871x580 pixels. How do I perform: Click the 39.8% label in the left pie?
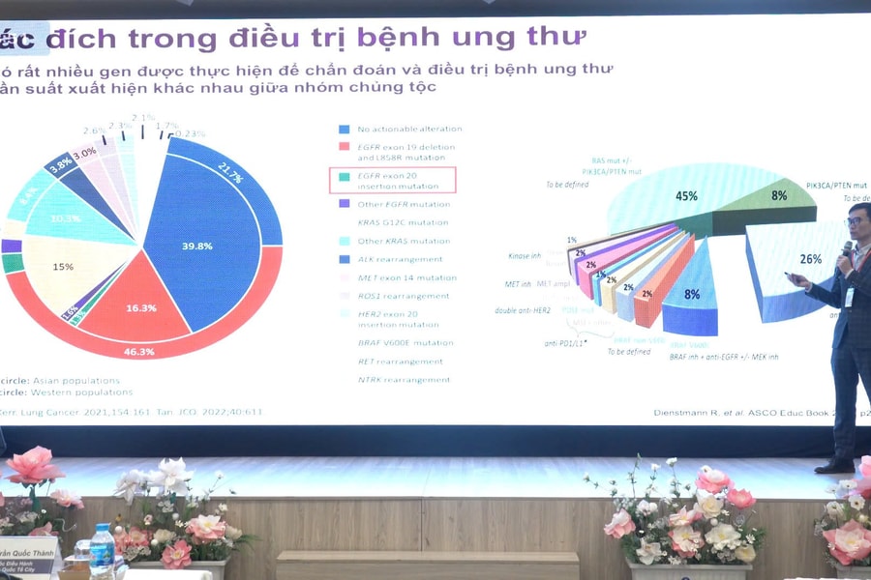click(196, 246)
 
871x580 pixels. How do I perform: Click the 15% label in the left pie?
click(63, 267)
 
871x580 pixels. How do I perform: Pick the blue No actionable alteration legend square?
click(344, 129)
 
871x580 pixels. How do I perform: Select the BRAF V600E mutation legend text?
click(405, 342)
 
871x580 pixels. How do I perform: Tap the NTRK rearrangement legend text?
click(404, 380)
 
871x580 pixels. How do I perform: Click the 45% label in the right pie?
click(686, 196)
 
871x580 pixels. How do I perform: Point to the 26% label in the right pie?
click(811, 259)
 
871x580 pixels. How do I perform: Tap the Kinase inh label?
click(526, 255)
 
